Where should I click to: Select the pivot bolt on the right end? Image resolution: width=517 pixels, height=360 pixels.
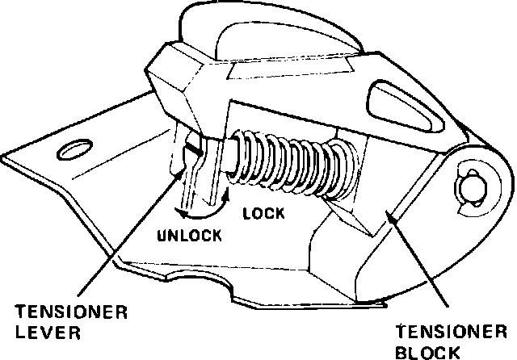pyautogui.click(x=471, y=187)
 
